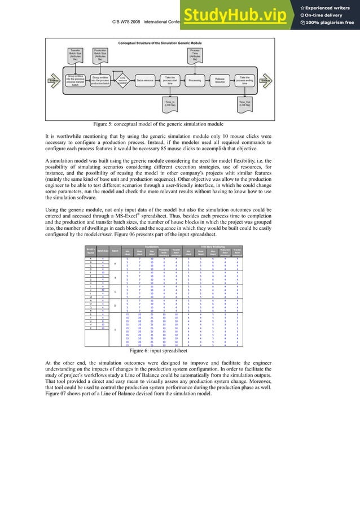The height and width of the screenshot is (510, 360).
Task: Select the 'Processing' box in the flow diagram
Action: [x=194, y=80]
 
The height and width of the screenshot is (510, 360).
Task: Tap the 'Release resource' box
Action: [x=220, y=80]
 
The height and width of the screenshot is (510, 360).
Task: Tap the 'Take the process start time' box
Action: [x=169, y=80]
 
